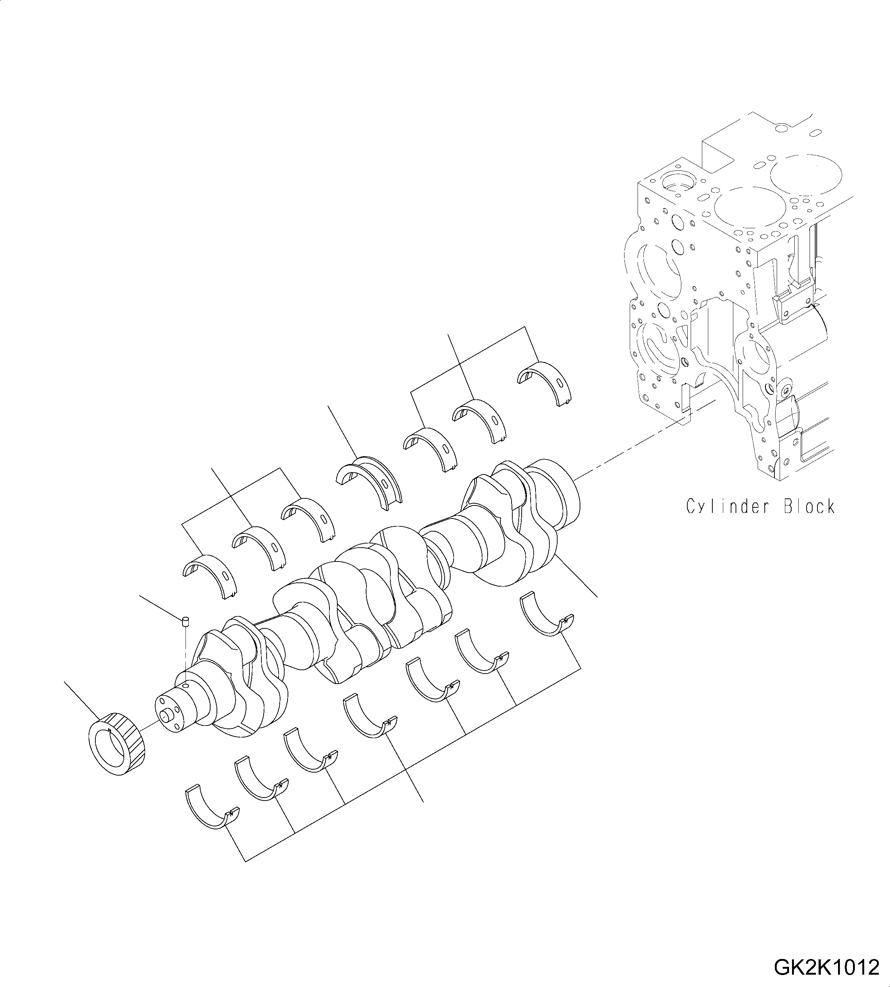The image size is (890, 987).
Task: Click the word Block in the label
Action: tap(809, 506)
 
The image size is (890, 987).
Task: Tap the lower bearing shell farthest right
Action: tap(545, 614)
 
